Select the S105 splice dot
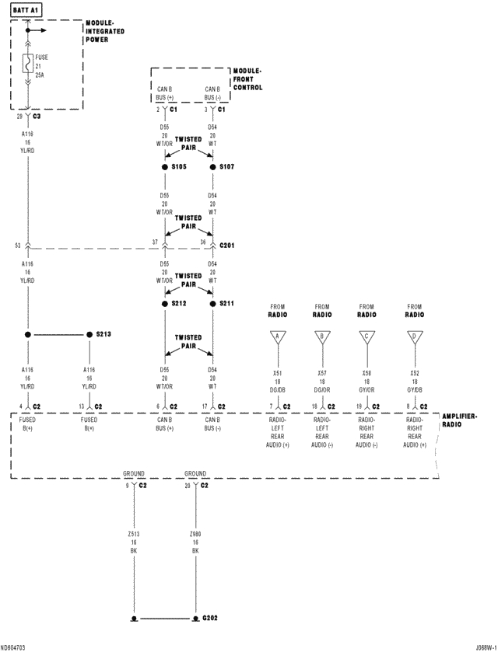coord(165,167)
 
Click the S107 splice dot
coord(212,167)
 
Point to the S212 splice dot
coord(165,303)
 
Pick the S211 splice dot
coord(212,303)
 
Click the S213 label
coord(103,334)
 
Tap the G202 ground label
coord(210,619)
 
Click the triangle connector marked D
coord(416,336)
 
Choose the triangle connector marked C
coord(367,336)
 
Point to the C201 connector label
coord(226,245)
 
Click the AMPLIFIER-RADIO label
coord(460,420)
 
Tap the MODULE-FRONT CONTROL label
coord(247,79)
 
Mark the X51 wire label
coord(277,374)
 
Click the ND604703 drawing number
coord(13,647)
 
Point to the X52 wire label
coord(416,374)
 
